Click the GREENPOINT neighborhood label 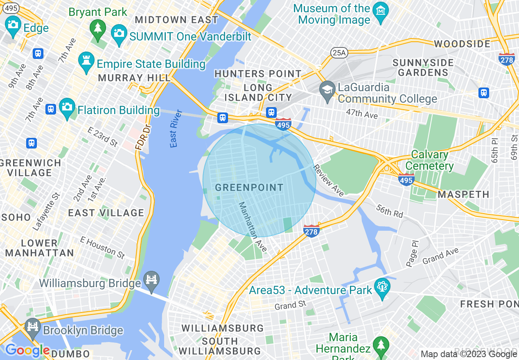tap(249, 188)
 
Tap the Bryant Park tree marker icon tap(98, 28)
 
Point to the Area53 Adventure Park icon tap(382, 288)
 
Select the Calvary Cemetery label tap(432, 160)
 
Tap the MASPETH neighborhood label tap(463, 194)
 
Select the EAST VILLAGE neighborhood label tap(106, 213)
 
